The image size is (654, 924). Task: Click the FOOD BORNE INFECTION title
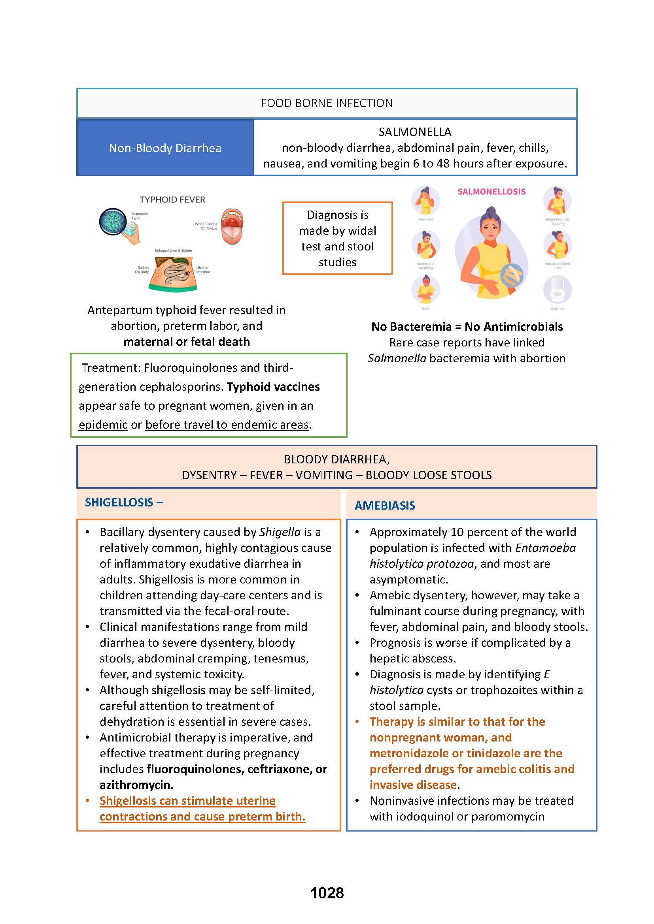click(x=327, y=103)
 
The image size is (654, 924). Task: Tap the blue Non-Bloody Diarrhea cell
click(x=165, y=148)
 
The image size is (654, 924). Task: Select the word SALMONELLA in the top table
click(x=415, y=132)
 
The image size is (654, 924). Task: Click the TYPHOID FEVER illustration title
click(x=172, y=199)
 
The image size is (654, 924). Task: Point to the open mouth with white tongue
click(x=232, y=227)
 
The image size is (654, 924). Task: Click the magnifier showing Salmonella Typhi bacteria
click(x=113, y=221)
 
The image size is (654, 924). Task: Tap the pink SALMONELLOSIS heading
click(x=491, y=192)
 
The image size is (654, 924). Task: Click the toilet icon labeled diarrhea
click(x=558, y=290)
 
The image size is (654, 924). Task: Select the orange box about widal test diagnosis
click(x=337, y=238)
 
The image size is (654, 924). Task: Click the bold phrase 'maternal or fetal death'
click(x=187, y=342)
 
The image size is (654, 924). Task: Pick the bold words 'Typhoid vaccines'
click(x=273, y=387)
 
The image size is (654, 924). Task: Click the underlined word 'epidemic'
click(x=103, y=425)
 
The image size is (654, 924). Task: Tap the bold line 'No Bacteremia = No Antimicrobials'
click(x=467, y=327)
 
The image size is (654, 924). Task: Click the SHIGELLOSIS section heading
click(x=119, y=502)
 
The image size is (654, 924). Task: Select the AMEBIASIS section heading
click(x=385, y=506)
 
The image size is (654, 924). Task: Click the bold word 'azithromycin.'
click(x=136, y=785)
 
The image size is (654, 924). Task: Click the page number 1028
click(x=327, y=893)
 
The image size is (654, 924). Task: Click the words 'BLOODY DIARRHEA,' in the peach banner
click(x=336, y=459)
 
